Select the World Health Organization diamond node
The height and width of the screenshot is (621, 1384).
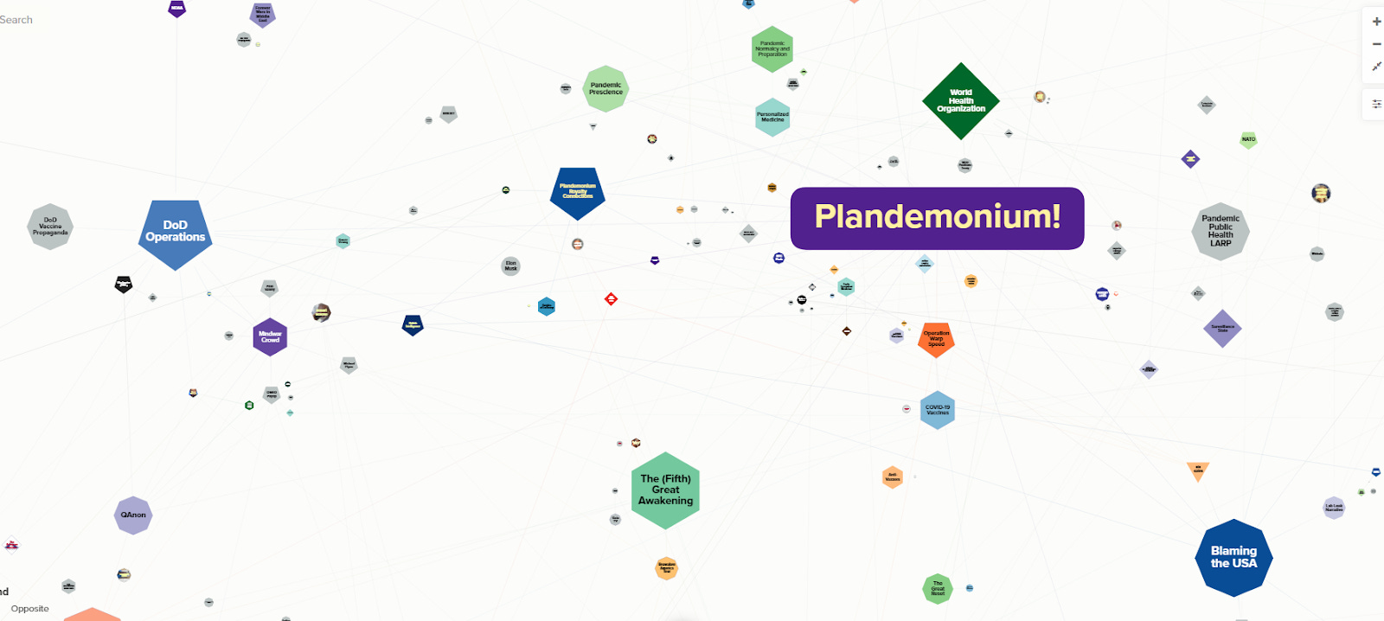960,100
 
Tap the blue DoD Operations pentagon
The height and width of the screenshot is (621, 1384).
176,233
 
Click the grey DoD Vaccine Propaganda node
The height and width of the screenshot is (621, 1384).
50,227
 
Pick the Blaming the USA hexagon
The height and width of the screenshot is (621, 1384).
1233,557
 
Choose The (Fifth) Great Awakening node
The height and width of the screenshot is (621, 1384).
665,490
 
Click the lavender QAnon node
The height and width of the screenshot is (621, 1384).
133,515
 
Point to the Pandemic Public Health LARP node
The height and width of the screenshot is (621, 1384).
1221,231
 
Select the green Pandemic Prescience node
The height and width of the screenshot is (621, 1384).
605,88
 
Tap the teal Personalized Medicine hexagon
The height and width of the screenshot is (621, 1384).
772,117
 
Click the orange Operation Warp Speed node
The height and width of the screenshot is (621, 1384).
936,339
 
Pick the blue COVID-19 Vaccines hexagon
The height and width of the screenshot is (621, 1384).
938,410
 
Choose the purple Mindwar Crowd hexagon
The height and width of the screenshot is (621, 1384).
270,336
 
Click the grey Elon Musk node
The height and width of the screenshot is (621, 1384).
510,266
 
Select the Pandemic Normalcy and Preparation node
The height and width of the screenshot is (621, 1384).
772,48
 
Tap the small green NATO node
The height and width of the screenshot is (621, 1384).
1248,139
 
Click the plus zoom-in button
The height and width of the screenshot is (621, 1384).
1376,22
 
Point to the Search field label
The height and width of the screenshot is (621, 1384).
16,20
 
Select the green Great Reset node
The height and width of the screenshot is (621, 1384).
938,589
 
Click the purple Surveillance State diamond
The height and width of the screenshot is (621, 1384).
1222,329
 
